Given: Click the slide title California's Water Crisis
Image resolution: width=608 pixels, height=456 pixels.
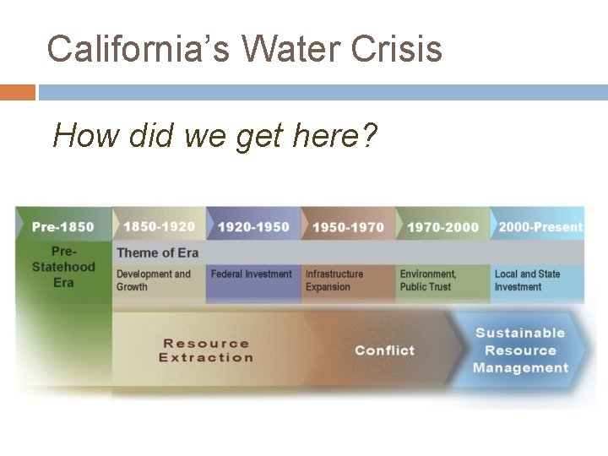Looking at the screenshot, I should pos(244,49).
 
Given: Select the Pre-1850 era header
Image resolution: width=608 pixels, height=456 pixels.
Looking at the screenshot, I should pos(63,226).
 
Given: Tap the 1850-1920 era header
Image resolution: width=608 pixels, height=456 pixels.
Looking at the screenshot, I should pos(159,226).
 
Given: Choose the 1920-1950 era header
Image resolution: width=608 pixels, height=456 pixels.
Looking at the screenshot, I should pos(253,227).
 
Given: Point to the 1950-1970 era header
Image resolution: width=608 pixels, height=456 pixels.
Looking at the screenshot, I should pos(348,227).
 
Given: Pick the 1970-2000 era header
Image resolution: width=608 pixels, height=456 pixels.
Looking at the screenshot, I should pos(442,227).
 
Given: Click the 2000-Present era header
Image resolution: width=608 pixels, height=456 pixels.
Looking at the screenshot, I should pos(540,226).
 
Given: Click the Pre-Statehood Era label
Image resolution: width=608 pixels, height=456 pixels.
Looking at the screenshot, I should pos(63,267).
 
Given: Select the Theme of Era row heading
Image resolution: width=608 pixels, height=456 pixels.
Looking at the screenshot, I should pos(157,252).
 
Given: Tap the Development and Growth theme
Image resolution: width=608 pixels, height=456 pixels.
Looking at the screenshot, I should pos(154,280).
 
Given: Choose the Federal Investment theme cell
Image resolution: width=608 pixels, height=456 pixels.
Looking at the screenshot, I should pos(251,274).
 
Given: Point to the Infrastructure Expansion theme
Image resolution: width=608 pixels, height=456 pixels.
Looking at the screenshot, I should pos(334,280).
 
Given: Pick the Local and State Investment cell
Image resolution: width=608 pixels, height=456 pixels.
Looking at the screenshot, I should pos(527,280).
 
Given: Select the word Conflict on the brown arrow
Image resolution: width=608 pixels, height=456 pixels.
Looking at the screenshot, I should pos(384,350).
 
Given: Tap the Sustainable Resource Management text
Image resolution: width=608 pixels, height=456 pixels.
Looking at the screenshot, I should pos(520,350).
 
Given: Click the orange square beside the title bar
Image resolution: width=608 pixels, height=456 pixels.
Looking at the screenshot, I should pos(18,92).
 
